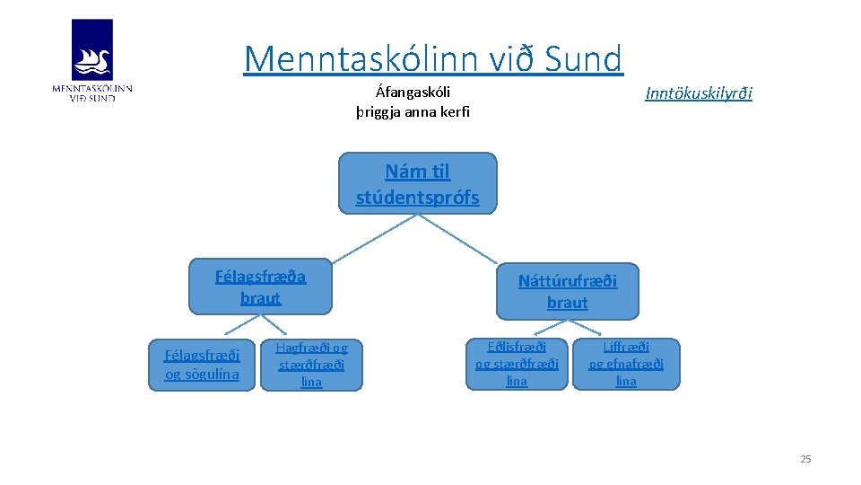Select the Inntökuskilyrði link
(699, 93)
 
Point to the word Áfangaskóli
(413, 92)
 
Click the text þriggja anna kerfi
(413, 112)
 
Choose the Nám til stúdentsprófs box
(417, 183)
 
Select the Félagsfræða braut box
(260, 287)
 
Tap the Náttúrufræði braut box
(567, 291)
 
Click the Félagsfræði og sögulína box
(202, 365)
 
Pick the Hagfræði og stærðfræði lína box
(311, 365)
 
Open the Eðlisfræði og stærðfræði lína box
(517, 364)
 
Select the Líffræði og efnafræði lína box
(626, 364)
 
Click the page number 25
(804, 459)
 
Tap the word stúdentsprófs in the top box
(417, 197)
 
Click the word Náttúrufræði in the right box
(567, 280)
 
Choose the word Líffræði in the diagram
(626, 347)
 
